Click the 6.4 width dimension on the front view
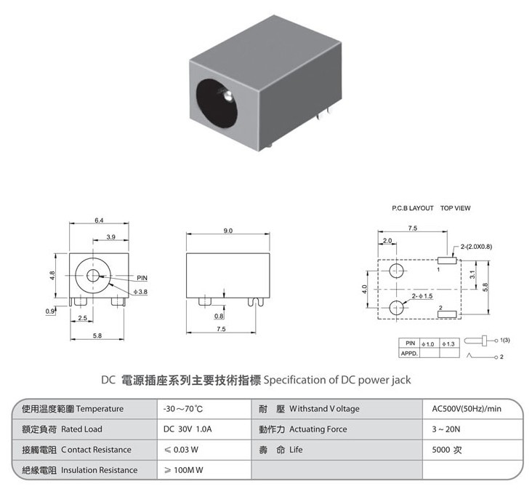99,220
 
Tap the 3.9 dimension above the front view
111,237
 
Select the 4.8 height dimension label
52,275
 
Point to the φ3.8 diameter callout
140,292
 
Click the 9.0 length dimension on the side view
228,231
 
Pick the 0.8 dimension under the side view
219,317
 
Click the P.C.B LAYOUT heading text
413,208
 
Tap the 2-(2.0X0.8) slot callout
476,247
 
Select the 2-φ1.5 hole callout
422,296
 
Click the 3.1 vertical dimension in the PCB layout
472,274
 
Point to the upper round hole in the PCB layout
396,271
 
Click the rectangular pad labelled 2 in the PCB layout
447,314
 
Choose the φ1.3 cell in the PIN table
448,344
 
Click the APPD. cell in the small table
409,354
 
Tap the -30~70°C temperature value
183,408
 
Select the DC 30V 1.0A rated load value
188,429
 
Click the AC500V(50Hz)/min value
467,408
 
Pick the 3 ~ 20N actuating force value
446,429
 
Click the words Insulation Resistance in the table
100,470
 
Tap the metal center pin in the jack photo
227,96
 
